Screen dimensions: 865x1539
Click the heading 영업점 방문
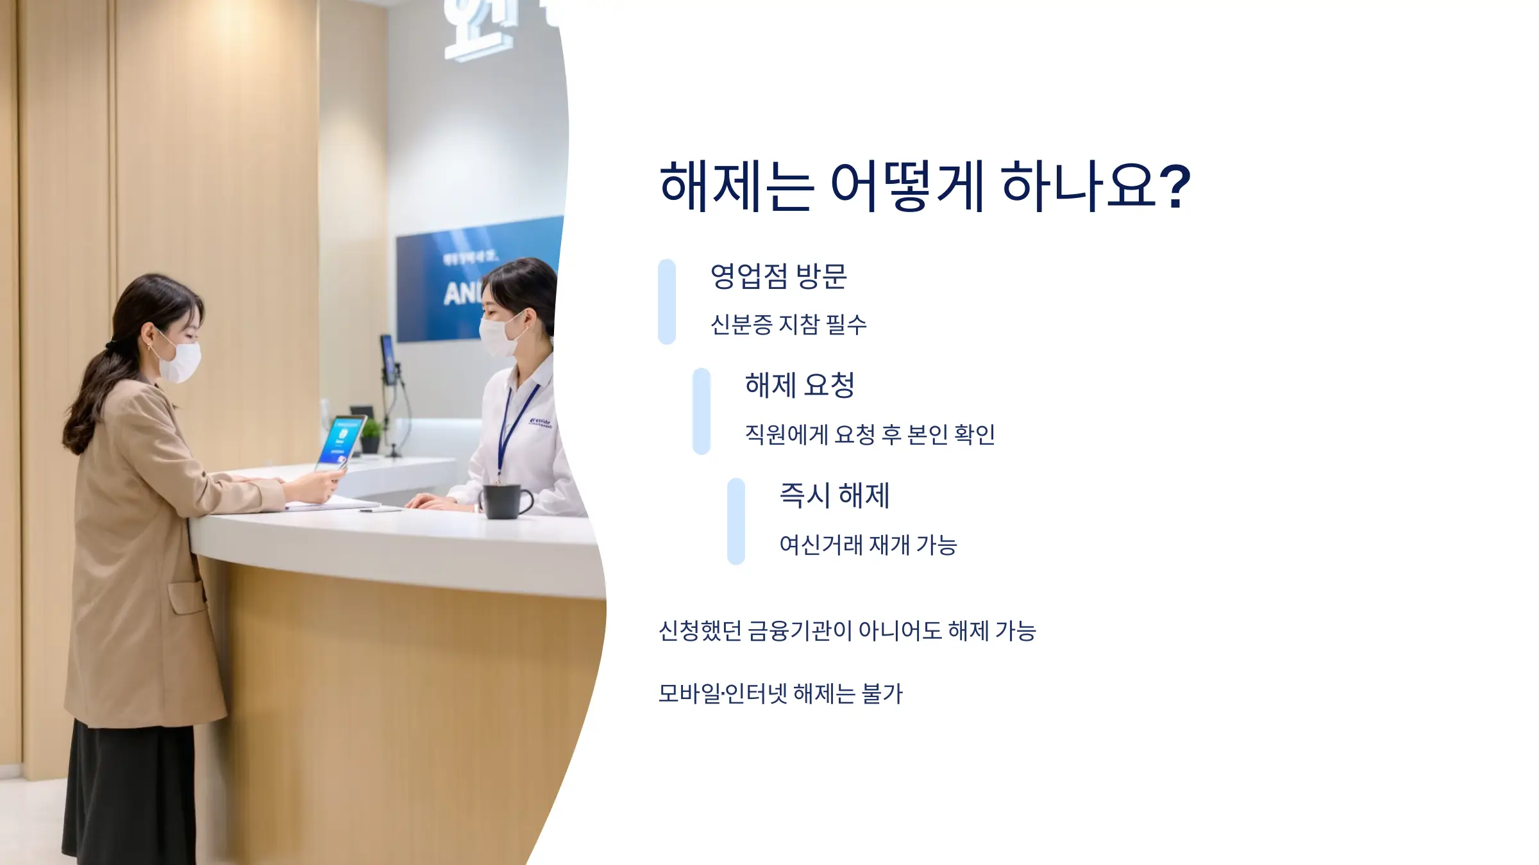click(778, 277)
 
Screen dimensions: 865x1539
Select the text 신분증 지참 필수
click(788, 325)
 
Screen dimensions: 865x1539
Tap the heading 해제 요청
click(800, 386)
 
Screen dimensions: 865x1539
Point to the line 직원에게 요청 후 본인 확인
click(870, 435)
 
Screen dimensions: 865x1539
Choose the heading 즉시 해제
click(834, 495)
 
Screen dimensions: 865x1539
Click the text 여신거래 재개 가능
click(868, 545)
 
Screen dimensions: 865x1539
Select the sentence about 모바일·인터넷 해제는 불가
click(780, 693)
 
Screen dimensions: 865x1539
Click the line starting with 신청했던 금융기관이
click(847, 631)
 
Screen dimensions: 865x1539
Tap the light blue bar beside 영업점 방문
click(667, 302)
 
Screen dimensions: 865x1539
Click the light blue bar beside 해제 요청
click(702, 411)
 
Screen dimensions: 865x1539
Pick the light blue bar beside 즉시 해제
click(736, 522)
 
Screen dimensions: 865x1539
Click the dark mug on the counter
click(504, 501)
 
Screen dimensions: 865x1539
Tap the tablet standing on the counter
click(341, 442)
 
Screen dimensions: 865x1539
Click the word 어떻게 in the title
click(907, 186)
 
